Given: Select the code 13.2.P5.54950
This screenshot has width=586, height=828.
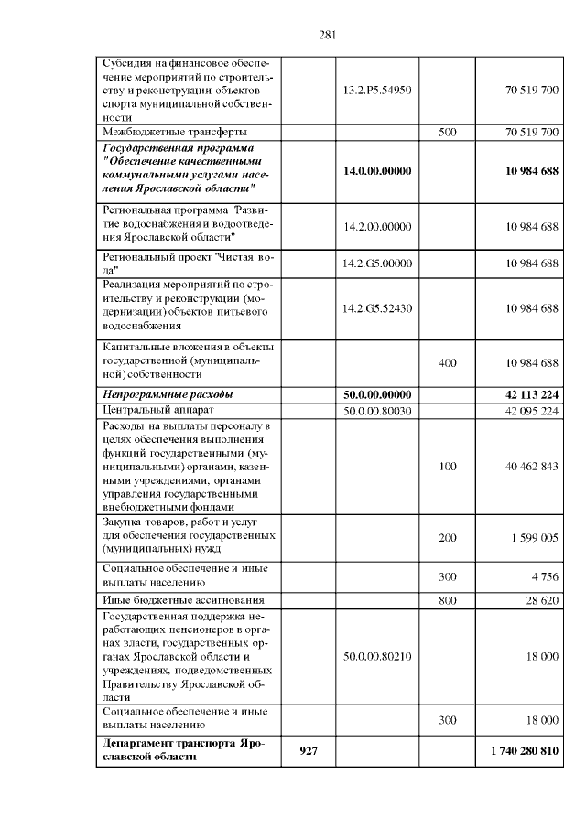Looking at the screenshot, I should (x=377, y=91).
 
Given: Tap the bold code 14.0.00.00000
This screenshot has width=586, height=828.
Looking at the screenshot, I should (x=377, y=170).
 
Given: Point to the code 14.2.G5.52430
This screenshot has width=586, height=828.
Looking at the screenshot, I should (x=377, y=308).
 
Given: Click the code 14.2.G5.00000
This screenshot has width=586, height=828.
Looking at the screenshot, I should (x=377, y=263).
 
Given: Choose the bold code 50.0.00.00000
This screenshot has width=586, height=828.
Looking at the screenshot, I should (x=377, y=394).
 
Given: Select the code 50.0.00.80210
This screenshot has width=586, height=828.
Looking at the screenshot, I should (x=377, y=656).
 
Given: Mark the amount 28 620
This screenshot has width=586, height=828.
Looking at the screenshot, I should (x=539, y=600).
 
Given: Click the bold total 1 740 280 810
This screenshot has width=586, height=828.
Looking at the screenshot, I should (x=524, y=751).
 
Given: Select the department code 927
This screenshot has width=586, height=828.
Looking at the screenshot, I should (x=309, y=751).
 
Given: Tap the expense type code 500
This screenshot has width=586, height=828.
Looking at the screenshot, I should (x=447, y=132).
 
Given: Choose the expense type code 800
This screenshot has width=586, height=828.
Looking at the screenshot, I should (x=447, y=600).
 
